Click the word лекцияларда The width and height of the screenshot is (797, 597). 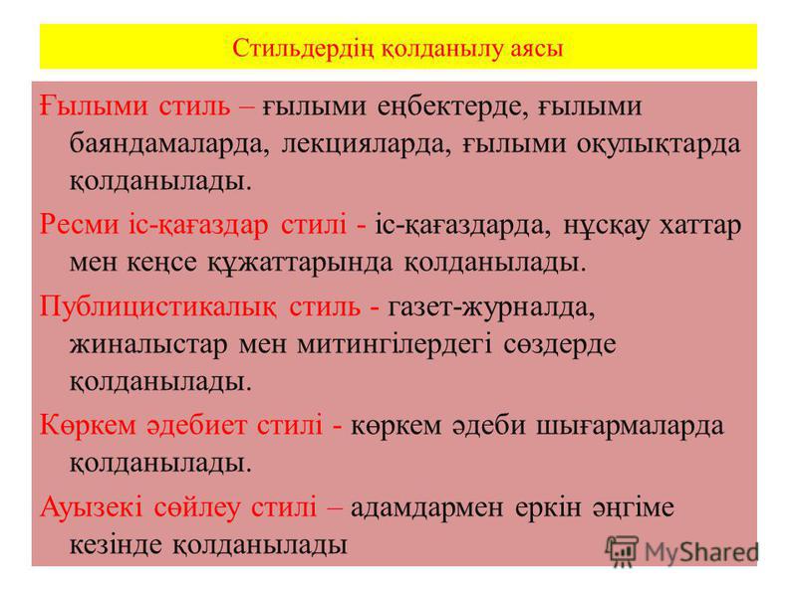366,144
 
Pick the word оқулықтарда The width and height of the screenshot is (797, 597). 659,144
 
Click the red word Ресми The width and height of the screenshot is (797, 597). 79,225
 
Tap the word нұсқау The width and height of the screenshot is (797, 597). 606,226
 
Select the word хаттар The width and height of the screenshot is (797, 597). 700,226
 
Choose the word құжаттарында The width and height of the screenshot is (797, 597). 300,263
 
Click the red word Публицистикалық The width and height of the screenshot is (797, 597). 158,307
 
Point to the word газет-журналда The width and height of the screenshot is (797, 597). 491,307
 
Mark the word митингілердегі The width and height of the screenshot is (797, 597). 395,345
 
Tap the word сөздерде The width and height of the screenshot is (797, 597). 560,345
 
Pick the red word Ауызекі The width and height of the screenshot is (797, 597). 92,507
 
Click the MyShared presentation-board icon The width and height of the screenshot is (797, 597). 621,551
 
